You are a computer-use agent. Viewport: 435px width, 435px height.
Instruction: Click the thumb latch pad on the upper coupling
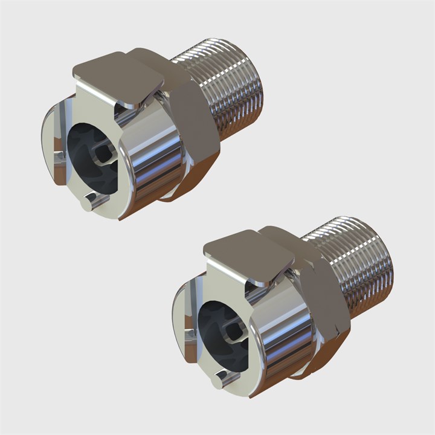pyautogui.click(x=118, y=76)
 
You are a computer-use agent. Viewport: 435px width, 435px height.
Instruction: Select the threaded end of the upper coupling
pyautogui.click(x=233, y=91)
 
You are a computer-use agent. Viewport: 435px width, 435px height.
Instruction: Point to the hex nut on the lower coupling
pyautogui.click(x=326, y=296)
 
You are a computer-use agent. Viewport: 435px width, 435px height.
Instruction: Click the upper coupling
pyautogui.click(x=151, y=133)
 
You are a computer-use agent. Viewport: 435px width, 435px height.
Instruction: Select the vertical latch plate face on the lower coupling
pyautogui.click(x=227, y=284)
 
